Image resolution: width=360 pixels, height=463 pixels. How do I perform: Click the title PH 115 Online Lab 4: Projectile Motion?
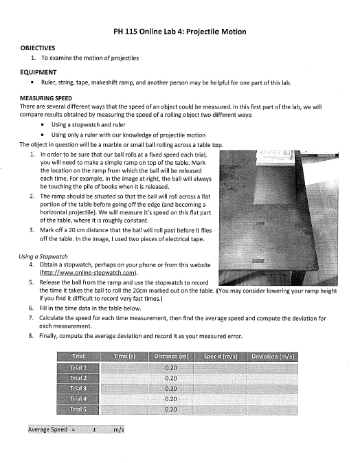[x=179, y=32]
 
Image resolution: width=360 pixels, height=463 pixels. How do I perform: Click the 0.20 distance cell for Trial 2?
[x=172, y=378]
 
